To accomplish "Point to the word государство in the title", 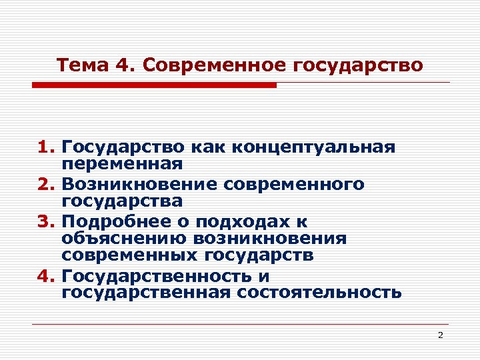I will tap(357, 66).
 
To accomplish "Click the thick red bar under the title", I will tap(153, 85).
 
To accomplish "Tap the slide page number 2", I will tap(441, 335).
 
